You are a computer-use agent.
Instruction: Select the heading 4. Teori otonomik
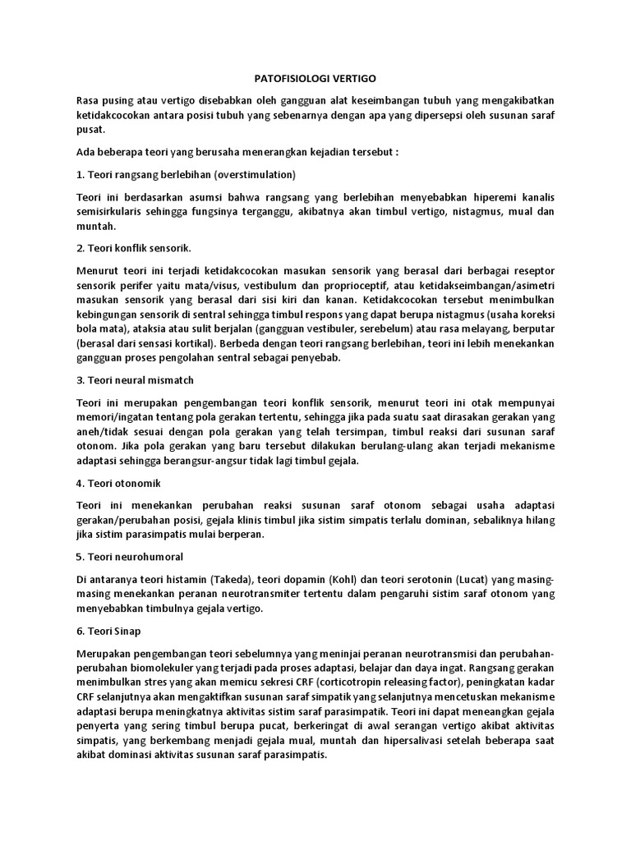[121, 482]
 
